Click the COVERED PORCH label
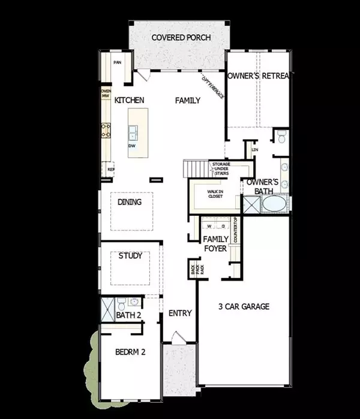[x=181, y=37]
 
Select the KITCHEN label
[x=129, y=101]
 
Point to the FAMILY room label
[x=187, y=101]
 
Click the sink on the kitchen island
[x=134, y=131]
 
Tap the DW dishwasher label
[x=131, y=146]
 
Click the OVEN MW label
[x=105, y=93]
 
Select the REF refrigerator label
[x=110, y=170]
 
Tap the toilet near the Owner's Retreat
[x=281, y=139]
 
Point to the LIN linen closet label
[x=254, y=149]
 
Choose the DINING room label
[x=130, y=202]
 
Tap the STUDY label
[x=130, y=256]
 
